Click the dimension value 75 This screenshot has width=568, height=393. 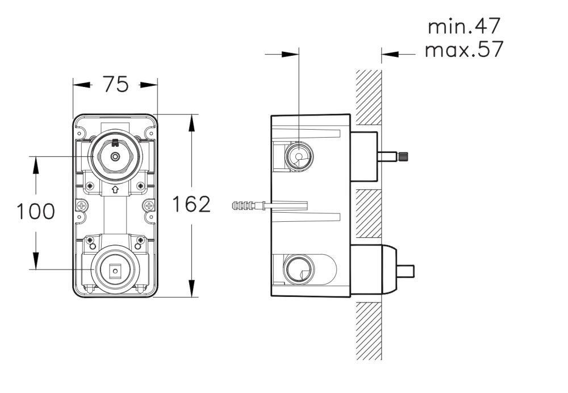[115, 85]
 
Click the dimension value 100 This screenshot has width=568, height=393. [36, 212]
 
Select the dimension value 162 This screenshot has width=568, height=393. [191, 204]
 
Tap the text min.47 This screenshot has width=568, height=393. [465, 26]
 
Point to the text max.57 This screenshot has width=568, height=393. [464, 50]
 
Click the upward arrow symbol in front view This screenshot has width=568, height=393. [115, 191]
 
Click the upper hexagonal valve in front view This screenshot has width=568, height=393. [115, 155]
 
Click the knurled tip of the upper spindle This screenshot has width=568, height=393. [406, 155]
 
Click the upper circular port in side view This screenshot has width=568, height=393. [297, 155]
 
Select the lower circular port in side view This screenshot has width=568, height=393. [297, 268]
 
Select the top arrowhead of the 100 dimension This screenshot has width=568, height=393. [36, 164]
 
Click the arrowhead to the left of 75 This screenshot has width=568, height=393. [83, 85]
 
